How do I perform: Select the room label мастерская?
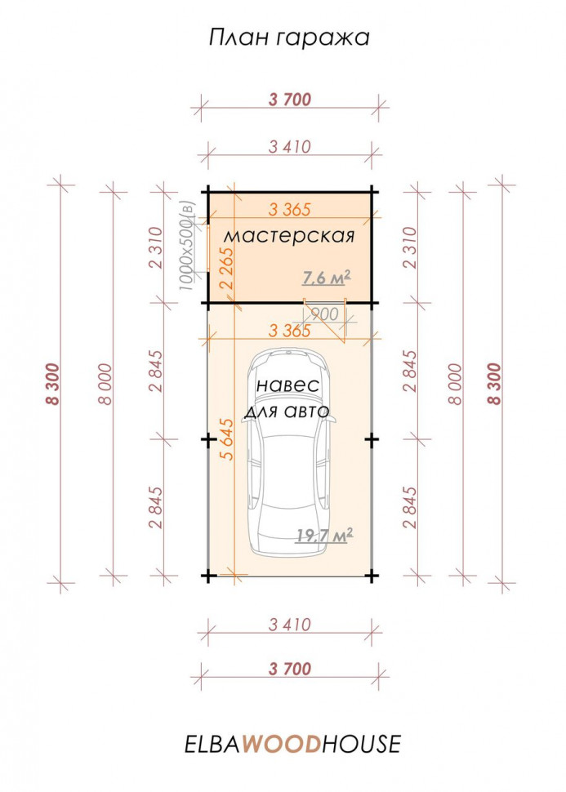(x=289, y=236)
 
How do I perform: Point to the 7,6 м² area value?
(x=327, y=278)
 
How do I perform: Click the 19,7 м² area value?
(x=324, y=536)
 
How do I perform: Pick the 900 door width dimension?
(x=324, y=314)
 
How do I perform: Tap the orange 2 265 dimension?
(x=228, y=267)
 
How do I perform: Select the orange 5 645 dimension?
(x=228, y=439)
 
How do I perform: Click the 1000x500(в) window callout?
(x=188, y=246)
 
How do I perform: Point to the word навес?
(x=288, y=385)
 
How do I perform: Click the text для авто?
(x=287, y=412)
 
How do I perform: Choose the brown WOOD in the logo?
(x=282, y=745)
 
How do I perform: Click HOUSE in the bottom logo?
(x=361, y=745)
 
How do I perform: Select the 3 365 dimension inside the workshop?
(x=289, y=209)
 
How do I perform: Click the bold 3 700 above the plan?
(x=290, y=100)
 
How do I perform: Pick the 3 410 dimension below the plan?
(x=290, y=625)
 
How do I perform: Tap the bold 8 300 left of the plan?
(x=52, y=384)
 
